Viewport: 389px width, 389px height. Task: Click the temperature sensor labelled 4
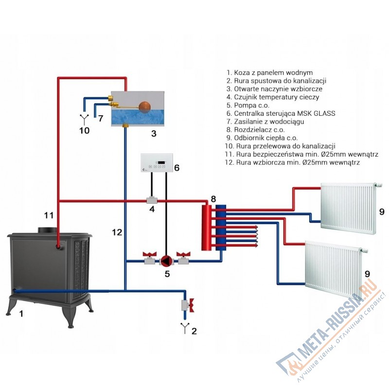click(152, 200)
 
